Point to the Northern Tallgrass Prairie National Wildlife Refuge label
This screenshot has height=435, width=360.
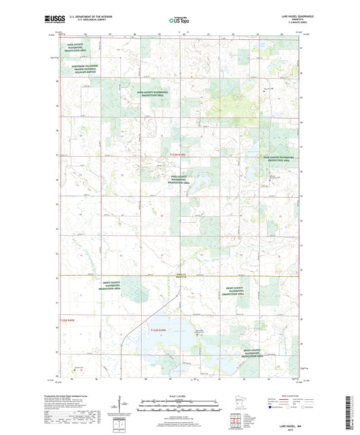pos(83,69)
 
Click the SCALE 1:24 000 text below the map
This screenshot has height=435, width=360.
pos(179,394)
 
